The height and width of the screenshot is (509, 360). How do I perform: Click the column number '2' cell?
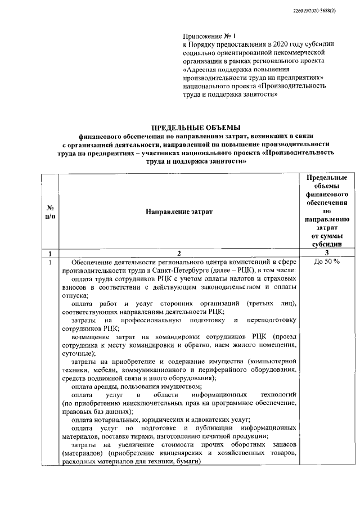pos(179,253)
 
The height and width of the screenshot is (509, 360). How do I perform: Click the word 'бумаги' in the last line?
pos(186,461)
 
